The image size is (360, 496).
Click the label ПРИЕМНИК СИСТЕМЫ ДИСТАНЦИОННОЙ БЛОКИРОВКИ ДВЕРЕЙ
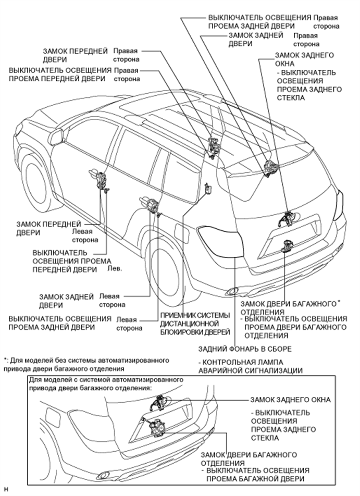[195, 323]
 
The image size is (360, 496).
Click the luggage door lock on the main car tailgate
[287, 245]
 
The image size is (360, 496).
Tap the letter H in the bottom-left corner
[6, 490]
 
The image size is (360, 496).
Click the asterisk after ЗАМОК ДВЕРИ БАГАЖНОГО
[339, 302]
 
